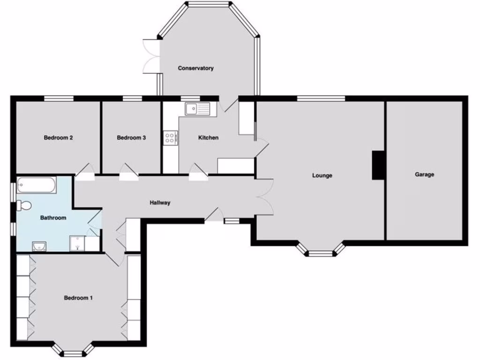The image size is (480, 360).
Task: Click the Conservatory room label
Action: click(x=195, y=68)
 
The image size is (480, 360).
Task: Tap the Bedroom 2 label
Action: click(x=58, y=138)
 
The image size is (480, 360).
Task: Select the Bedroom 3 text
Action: click(x=131, y=138)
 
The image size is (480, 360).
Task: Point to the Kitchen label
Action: click(x=208, y=138)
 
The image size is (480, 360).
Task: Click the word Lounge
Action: click(x=322, y=176)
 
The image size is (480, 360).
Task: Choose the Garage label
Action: click(x=424, y=174)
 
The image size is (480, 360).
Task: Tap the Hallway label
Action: click(x=160, y=203)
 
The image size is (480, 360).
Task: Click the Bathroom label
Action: click(x=53, y=218)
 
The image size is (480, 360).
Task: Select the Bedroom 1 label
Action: click(x=78, y=298)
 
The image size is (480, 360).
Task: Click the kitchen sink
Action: click(x=197, y=109)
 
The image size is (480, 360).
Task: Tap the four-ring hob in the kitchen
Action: click(x=170, y=138)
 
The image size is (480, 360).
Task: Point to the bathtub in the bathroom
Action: click(x=37, y=185)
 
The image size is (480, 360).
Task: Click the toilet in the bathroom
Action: click(x=24, y=205)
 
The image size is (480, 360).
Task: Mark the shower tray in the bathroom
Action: click(x=76, y=243)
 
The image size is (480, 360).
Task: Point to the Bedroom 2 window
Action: click(x=59, y=98)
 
